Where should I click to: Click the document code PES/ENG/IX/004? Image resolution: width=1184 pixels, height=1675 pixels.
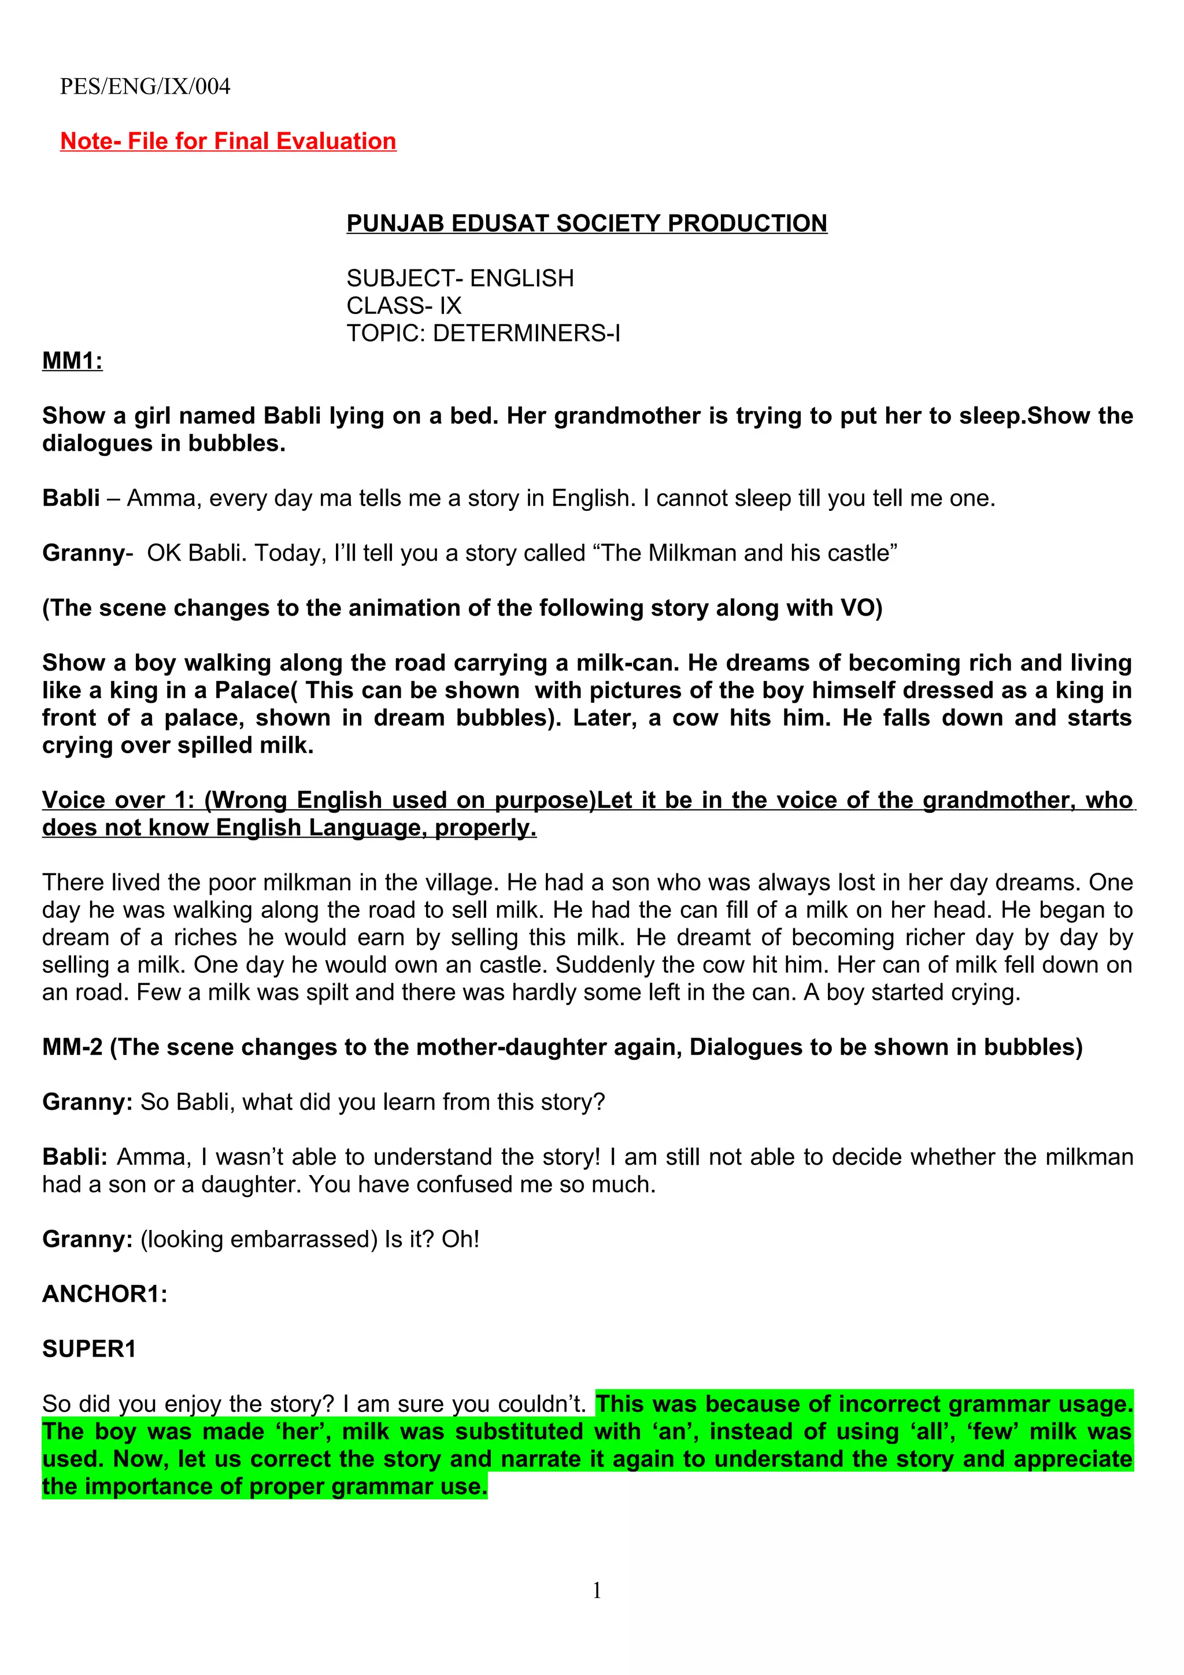click(x=145, y=87)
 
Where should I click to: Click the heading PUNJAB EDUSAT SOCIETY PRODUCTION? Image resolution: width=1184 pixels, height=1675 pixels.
click(x=587, y=223)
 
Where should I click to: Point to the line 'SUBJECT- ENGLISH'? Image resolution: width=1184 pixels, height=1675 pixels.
click(x=460, y=278)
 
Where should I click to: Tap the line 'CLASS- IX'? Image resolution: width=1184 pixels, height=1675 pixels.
click(x=404, y=306)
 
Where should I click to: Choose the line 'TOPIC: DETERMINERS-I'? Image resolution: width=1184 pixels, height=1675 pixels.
click(x=483, y=333)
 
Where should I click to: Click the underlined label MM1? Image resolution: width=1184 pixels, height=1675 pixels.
click(x=72, y=361)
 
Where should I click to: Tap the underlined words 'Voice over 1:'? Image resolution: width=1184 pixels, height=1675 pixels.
click(x=119, y=801)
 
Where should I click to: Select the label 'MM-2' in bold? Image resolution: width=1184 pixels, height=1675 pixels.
click(x=72, y=1048)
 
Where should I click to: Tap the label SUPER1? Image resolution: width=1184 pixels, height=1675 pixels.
click(x=89, y=1349)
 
